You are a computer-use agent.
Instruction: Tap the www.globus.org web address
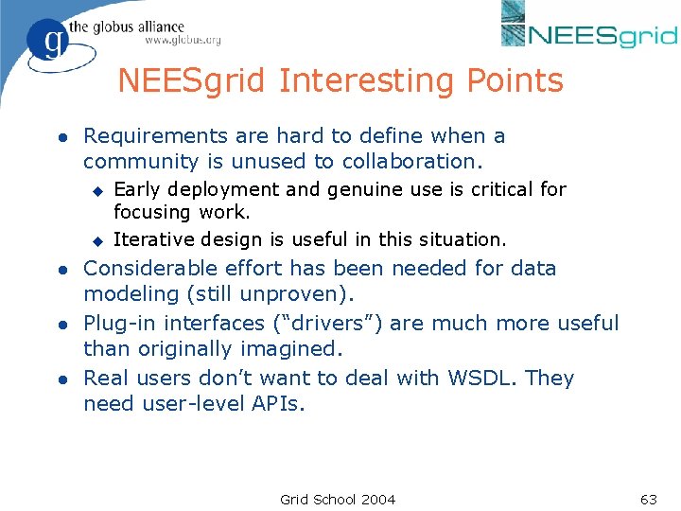point(183,41)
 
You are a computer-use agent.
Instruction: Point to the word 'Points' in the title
point(515,81)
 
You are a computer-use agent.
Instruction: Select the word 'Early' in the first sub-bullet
point(137,189)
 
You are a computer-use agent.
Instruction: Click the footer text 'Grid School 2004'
point(338,499)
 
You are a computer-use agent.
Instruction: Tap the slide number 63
point(649,499)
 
